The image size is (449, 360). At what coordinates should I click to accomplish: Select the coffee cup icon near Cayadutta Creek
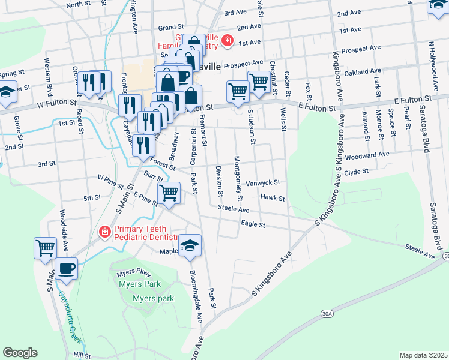(66, 268)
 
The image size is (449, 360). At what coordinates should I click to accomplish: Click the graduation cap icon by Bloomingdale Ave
(190, 245)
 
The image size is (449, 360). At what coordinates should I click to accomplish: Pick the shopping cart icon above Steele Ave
(169, 193)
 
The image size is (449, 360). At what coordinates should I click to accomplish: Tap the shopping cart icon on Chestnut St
(258, 81)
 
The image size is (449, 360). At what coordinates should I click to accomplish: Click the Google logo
(20, 353)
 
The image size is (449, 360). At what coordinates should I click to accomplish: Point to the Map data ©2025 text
(423, 355)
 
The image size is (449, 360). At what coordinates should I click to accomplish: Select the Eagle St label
(253, 224)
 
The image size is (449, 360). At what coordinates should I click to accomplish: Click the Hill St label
(82, 355)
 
